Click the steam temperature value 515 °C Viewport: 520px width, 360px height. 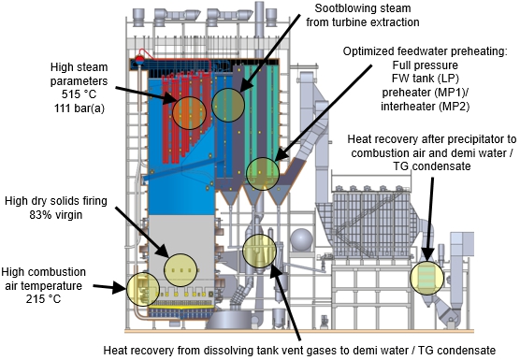coord(79,94)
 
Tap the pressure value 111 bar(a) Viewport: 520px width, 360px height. coord(79,108)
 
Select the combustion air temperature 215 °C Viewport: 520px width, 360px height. coord(43,299)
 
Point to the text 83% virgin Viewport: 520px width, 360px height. coord(56,215)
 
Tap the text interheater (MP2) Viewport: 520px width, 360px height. coord(426,107)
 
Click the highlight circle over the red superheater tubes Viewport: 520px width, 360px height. coord(189,113)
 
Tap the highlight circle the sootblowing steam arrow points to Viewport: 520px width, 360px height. coord(228,105)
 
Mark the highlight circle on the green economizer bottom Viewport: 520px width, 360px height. coord(263,174)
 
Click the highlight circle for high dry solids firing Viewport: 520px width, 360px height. coord(181,270)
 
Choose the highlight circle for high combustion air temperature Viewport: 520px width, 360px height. coord(143,289)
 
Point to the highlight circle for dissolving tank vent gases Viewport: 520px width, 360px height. coord(259,252)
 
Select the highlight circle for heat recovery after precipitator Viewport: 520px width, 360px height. coord(426,278)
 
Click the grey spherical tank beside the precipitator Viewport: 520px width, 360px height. coord(301,239)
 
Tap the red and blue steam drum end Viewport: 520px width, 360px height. coord(139,61)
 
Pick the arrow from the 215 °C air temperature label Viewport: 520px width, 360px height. coord(109,287)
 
